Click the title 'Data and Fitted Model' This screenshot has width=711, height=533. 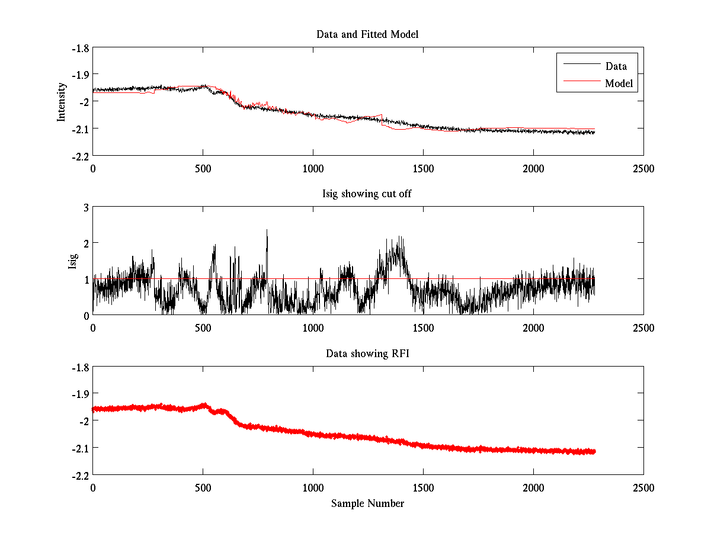tap(367, 34)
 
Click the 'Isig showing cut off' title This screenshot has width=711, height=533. tap(367, 194)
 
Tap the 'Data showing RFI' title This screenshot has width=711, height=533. tap(367, 354)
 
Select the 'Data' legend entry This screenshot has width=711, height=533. tap(616, 66)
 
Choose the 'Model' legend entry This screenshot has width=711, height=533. tap(619, 84)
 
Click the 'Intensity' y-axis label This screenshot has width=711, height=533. tap(61, 102)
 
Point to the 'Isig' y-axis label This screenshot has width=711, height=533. tap(72, 261)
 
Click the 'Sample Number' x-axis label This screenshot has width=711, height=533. tap(367, 503)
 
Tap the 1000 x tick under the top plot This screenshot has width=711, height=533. tap(313, 168)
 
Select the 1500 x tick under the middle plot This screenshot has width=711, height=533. tap(423, 327)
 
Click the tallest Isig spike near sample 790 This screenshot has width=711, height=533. tap(267, 230)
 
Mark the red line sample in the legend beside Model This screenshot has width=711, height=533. tap(581, 84)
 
